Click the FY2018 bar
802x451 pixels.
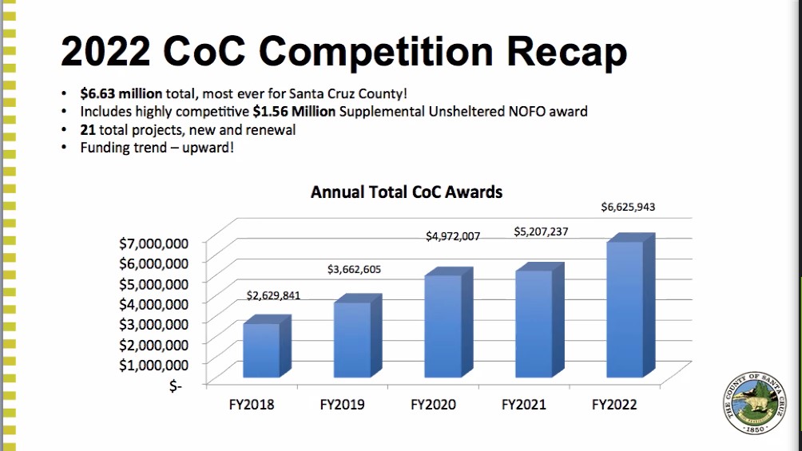click(x=267, y=347)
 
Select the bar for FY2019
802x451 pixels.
click(x=358, y=337)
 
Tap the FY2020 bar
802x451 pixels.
click(x=449, y=322)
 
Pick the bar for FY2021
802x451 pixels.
click(x=540, y=321)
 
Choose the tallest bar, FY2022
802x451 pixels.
click(x=630, y=306)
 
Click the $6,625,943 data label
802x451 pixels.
click(x=628, y=207)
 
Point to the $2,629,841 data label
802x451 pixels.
click(x=273, y=295)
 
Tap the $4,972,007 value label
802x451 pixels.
click(x=453, y=236)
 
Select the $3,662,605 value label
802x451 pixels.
click(x=354, y=270)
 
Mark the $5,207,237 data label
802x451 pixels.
click(x=541, y=231)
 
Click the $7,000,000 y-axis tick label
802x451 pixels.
click(x=153, y=243)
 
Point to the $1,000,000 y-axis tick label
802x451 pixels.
click(x=153, y=365)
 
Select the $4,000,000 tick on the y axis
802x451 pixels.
click(x=153, y=304)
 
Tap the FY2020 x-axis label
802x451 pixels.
click(x=433, y=405)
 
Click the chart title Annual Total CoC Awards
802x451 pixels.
click(x=407, y=192)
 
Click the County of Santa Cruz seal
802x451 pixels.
click(x=754, y=403)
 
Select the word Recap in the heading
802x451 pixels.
click(x=566, y=52)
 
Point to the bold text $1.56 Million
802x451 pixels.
click(x=294, y=112)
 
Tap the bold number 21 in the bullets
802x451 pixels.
click(x=87, y=130)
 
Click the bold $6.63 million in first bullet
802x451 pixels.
click(x=121, y=93)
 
